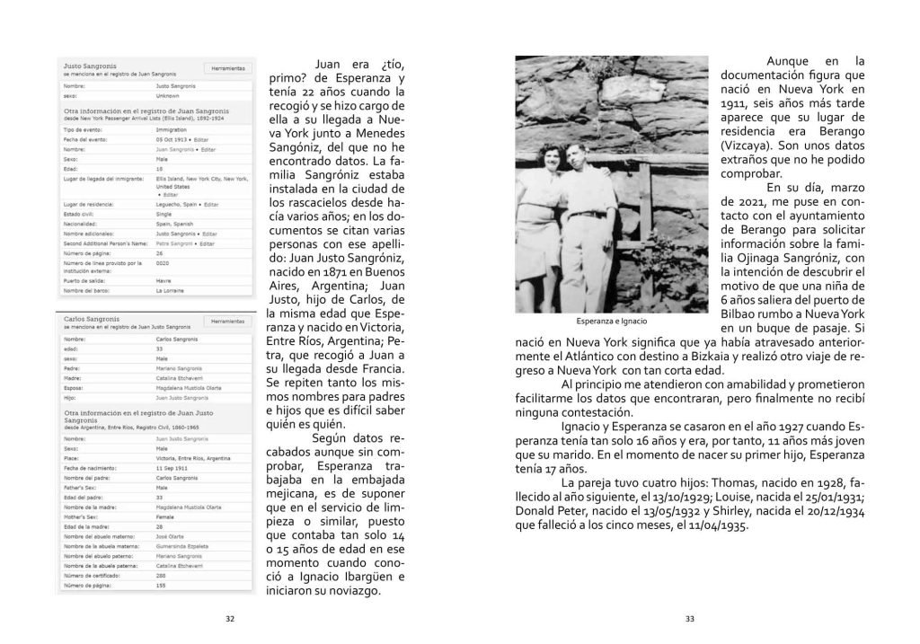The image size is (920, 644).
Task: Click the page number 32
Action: point(230,618)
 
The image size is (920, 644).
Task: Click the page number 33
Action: point(690,618)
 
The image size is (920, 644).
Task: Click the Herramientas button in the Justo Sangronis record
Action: point(228,67)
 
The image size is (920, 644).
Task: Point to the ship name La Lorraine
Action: point(170,290)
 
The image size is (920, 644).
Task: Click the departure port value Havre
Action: point(164,278)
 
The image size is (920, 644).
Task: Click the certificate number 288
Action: point(162,575)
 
